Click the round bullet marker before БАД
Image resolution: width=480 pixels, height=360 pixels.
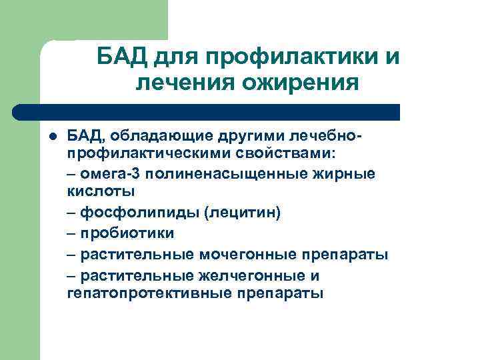coord(53,137)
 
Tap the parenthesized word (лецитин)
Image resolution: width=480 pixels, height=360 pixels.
coord(243,213)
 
